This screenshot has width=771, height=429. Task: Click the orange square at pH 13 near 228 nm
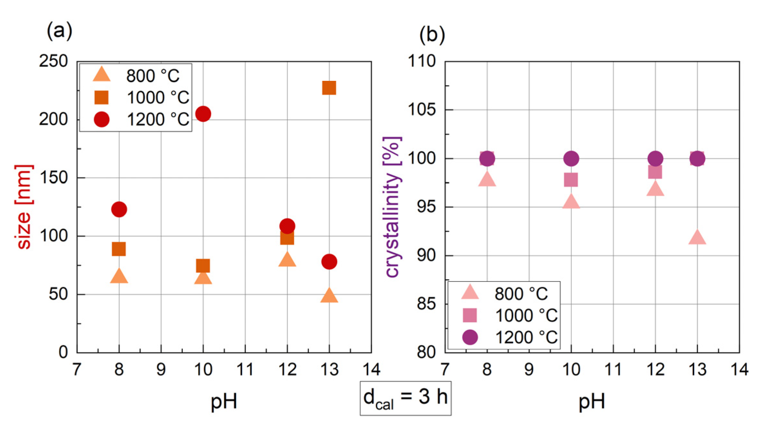(x=329, y=88)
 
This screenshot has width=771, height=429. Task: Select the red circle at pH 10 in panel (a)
(x=203, y=114)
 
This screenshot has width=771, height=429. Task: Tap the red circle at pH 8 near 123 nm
(x=119, y=209)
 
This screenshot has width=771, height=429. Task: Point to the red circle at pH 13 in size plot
(x=329, y=262)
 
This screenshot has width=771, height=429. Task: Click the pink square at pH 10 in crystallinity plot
(x=571, y=180)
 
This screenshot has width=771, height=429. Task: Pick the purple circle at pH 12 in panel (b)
(x=655, y=158)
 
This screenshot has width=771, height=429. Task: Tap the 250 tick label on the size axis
(x=53, y=61)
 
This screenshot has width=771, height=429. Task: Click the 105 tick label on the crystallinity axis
(x=422, y=110)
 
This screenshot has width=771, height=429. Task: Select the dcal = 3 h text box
(x=405, y=398)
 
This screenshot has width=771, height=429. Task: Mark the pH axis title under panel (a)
(x=224, y=401)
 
